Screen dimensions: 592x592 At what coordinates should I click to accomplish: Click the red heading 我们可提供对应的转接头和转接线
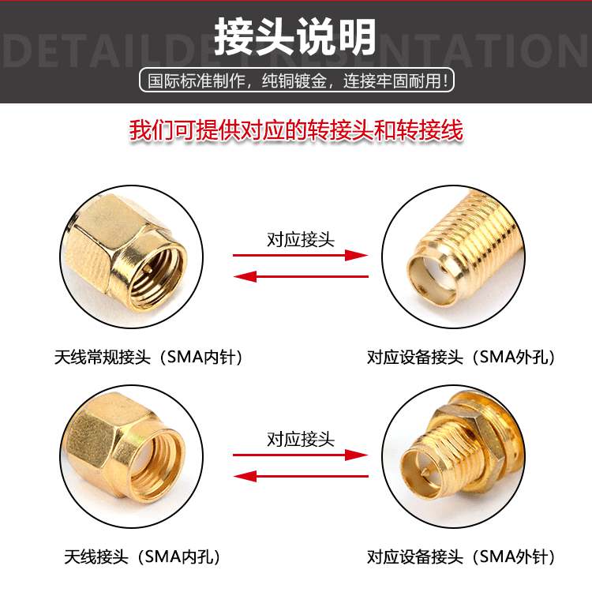[296, 131]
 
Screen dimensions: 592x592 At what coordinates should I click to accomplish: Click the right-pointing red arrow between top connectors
[301, 256]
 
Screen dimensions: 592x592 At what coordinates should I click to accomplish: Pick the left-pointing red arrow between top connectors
[301, 276]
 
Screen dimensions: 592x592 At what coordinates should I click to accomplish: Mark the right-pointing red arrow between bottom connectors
[301, 455]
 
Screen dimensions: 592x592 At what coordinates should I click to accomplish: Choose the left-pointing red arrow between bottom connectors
[301, 476]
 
